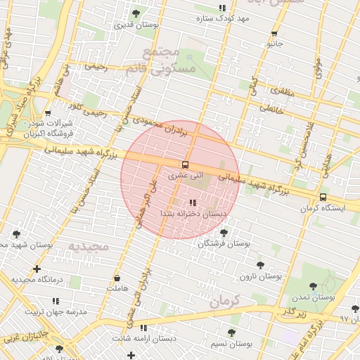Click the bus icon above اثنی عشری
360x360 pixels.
click(186, 165)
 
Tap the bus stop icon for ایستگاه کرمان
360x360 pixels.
click(323, 198)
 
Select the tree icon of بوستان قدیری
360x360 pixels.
click(136, 13)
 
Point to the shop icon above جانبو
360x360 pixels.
click(274, 33)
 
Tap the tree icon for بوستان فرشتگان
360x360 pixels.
click(224, 232)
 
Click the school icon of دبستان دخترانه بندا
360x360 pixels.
click(193, 203)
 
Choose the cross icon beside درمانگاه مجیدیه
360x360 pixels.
click(37, 269)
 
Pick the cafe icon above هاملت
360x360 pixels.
click(116, 278)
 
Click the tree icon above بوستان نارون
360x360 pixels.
click(260, 265)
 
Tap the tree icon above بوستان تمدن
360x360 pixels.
click(314, 286)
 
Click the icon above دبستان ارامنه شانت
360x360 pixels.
click(143, 328)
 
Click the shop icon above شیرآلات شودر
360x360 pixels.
click(47, 112)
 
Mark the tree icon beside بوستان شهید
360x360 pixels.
click(15, 234)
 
